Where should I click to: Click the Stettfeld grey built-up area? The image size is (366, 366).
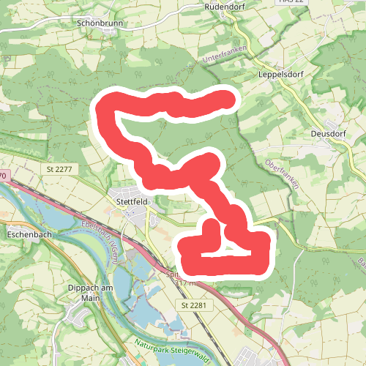tap(139, 216)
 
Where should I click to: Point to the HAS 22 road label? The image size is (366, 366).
tap(290, 2)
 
